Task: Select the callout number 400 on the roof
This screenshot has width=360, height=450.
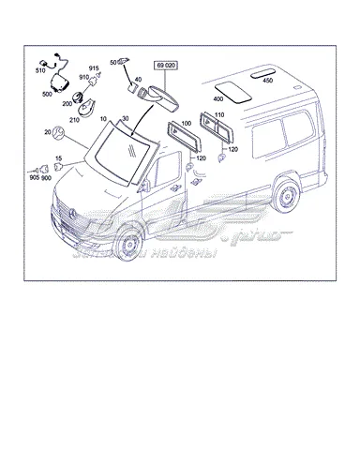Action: tap(219, 97)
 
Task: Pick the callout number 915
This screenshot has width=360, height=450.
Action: tap(94, 68)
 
